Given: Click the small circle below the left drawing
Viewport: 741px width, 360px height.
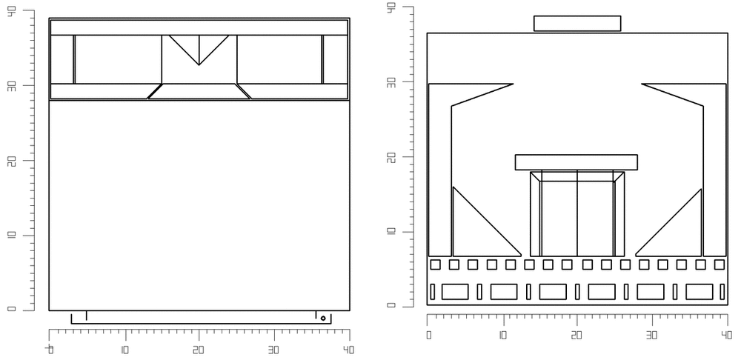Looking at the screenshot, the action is click(x=323, y=319).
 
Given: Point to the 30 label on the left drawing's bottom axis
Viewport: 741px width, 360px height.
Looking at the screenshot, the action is click(x=273, y=350).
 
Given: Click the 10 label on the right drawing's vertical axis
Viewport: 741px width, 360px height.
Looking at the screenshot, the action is click(x=391, y=232).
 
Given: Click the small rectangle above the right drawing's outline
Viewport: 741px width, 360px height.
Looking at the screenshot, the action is click(x=577, y=24).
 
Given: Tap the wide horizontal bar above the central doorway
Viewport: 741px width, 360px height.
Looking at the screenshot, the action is click(x=576, y=162).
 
